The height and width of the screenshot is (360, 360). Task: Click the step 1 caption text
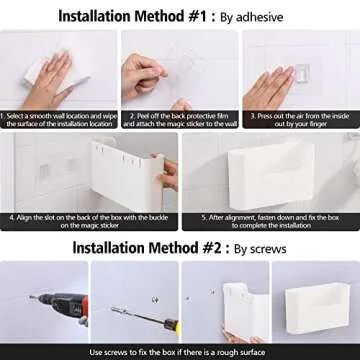click(x=59, y=120)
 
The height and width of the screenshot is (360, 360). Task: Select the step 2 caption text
click(x=180, y=120)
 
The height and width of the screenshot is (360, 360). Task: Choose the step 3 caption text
click(x=300, y=120)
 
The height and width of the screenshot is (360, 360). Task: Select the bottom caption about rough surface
click(x=180, y=351)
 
